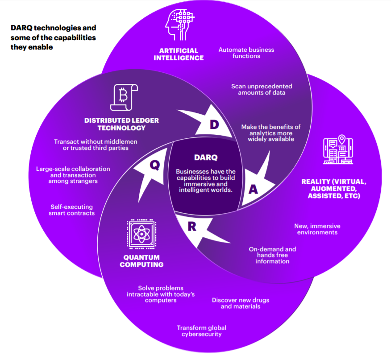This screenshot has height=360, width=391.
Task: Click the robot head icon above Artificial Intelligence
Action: (x=179, y=25)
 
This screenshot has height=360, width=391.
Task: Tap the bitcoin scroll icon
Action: (x=124, y=97)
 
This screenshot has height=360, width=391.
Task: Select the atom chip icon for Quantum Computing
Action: (x=141, y=234)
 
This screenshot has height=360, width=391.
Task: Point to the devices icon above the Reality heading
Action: (x=338, y=149)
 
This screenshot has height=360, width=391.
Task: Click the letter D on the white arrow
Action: (x=214, y=124)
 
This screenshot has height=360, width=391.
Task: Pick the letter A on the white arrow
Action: (x=253, y=190)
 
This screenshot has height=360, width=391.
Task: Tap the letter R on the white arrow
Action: (x=192, y=226)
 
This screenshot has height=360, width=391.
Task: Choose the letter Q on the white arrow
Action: (x=155, y=165)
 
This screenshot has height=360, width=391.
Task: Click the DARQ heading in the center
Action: (x=206, y=157)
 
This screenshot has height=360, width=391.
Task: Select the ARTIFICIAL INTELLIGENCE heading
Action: (x=179, y=54)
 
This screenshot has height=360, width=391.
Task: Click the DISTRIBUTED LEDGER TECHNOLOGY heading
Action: (x=121, y=124)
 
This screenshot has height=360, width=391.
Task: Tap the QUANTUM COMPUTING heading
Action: (x=141, y=261)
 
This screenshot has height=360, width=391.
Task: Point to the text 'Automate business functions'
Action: (x=246, y=53)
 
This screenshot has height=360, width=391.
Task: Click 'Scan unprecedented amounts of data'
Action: (x=262, y=90)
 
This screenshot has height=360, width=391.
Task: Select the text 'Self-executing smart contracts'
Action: (x=71, y=210)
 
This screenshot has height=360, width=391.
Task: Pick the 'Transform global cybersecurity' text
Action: (x=201, y=331)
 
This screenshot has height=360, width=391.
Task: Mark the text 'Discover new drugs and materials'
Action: (x=241, y=303)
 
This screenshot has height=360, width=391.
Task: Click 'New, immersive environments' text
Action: (x=317, y=229)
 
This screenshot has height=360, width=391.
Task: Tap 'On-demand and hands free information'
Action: (x=272, y=255)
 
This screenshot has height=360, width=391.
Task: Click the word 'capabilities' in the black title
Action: (x=75, y=37)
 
